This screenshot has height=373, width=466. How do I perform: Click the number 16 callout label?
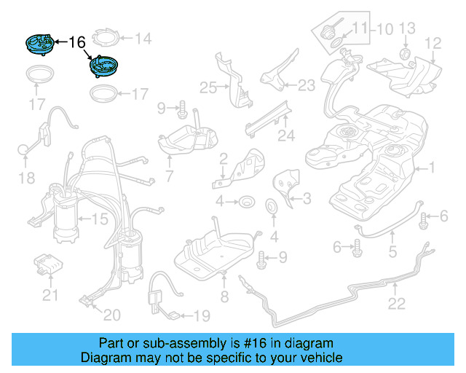tap(76, 42)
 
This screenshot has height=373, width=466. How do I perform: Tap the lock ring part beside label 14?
tap(106, 38)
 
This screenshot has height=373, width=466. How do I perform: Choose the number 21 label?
tap(50, 295)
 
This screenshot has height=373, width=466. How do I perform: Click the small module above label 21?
tap(49, 263)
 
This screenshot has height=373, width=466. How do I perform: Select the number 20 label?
tap(111, 315)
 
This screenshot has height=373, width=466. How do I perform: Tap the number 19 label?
tap(200, 315)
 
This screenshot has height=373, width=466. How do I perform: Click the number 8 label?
tap(224, 297)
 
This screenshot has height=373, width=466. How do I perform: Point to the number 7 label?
tap(169, 176)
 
